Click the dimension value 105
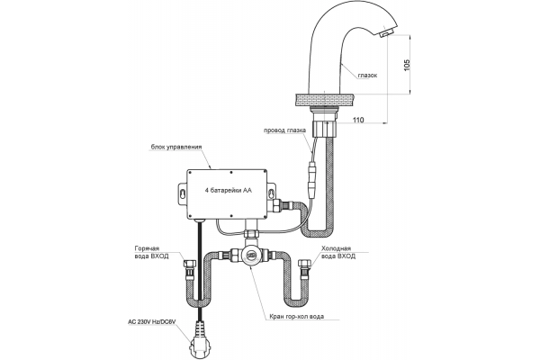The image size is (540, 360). coord(408,65)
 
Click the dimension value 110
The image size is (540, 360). coord(358,120)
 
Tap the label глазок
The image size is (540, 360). coord(367,75)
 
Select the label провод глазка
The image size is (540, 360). coord(284,130)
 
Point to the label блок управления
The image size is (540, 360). coord(176,147)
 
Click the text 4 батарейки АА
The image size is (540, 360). coord(229,190)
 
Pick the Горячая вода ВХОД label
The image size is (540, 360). coord(151,252)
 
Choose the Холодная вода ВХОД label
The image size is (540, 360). coord(338,252)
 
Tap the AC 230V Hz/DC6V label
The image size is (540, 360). coord(151,322)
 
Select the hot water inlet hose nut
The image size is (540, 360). coord(190,265)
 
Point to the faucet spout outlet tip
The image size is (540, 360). coord(386,34)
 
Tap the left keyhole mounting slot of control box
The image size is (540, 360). coord(183,193)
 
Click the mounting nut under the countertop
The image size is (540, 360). coord(325,127)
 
